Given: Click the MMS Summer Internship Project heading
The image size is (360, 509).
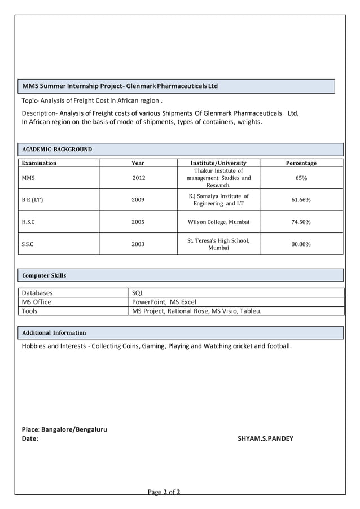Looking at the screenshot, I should click(x=120, y=86).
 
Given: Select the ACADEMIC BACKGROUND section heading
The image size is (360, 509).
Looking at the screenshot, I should click(x=56, y=150).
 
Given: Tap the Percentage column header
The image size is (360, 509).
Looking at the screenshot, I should click(x=301, y=163).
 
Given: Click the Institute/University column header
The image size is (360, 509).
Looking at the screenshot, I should click(x=218, y=163).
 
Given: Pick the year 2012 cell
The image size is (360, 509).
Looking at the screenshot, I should click(x=138, y=178).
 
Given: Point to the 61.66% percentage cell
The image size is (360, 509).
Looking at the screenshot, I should click(x=301, y=200).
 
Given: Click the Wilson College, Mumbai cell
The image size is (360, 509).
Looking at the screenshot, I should click(x=218, y=222).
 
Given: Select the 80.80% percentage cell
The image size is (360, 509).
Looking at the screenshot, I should click(x=301, y=244).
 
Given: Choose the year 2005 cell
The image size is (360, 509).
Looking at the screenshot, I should click(x=138, y=222).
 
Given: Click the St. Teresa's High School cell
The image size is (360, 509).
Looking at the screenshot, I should click(x=218, y=244).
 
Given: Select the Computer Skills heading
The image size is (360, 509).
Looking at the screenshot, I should click(x=44, y=275).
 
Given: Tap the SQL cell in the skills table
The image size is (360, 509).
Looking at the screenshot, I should click(x=138, y=293).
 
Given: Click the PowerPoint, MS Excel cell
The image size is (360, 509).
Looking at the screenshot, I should click(x=164, y=302).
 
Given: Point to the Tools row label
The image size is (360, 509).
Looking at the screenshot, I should click(x=30, y=311).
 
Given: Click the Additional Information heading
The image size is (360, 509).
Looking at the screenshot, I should click(x=54, y=332).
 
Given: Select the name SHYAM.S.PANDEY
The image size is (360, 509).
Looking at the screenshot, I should click(x=265, y=438).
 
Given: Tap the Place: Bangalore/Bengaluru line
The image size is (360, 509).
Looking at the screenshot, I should click(x=64, y=429).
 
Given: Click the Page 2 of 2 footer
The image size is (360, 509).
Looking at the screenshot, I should click(x=164, y=493).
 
